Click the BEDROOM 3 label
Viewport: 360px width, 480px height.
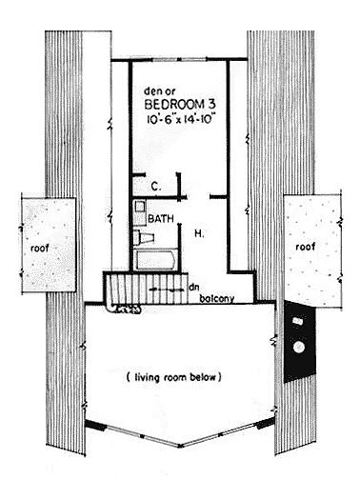(x=181, y=105)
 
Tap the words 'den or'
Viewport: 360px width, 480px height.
(x=160, y=91)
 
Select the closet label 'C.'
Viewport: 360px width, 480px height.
(x=155, y=187)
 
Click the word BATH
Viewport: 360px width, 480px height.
(x=161, y=218)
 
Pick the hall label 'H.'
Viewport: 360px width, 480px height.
(x=199, y=234)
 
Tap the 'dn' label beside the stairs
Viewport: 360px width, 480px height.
(x=193, y=288)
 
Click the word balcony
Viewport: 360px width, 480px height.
(x=217, y=298)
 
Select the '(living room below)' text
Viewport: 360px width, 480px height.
(x=173, y=377)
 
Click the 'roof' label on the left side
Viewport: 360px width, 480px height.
(x=40, y=248)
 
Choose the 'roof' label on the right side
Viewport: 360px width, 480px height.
(x=306, y=247)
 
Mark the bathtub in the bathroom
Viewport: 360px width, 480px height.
(x=155, y=260)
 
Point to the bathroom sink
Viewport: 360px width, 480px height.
(x=139, y=207)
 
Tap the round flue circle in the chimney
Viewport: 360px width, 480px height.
(x=299, y=347)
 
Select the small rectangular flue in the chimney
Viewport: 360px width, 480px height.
(x=298, y=321)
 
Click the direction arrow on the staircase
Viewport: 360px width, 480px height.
(x=167, y=290)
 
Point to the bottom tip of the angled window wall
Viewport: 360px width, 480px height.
(x=180, y=446)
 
